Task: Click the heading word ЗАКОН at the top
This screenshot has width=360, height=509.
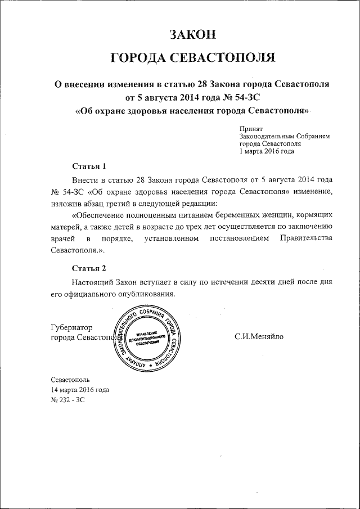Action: [x=193, y=34]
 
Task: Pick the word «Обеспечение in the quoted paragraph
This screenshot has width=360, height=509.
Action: [x=102, y=215]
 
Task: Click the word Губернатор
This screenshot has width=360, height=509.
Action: [x=72, y=327]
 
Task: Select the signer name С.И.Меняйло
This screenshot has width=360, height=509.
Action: [x=259, y=336]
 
